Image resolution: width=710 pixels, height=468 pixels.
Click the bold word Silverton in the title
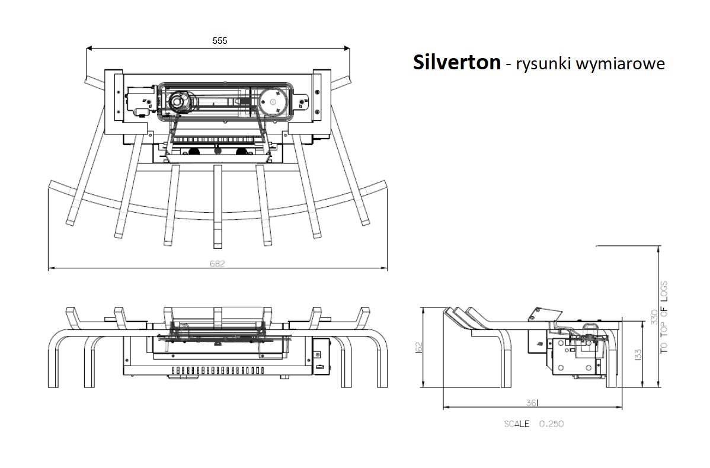click(x=456, y=62)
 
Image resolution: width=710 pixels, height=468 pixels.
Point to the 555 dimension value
click(x=219, y=41)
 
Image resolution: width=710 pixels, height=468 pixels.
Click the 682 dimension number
click(x=218, y=264)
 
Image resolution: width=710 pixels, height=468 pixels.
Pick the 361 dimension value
click(x=531, y=403)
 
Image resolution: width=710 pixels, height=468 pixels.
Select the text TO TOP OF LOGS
click(x=664, y=317)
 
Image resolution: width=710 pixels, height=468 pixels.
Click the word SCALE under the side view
click(x=517, y=424)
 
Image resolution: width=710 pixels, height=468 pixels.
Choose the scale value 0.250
click(x=551, y=424)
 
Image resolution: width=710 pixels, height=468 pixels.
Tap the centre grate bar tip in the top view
click(x=218, y=245)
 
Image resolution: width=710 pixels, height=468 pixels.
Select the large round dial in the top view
click(x=273, y=101)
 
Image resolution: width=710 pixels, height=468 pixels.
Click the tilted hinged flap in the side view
click(x=543, y=315)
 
